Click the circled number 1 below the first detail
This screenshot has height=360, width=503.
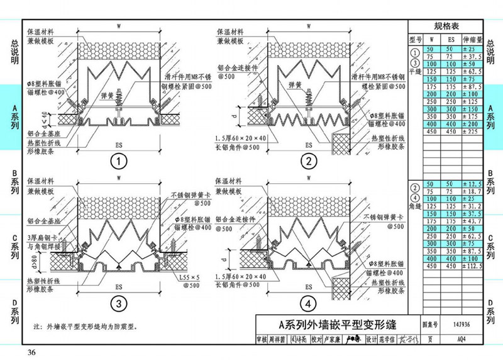[117, 161]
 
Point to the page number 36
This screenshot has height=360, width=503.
[31, 351]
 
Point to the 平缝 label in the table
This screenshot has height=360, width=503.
[414, 71]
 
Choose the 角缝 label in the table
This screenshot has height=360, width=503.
[414, 205]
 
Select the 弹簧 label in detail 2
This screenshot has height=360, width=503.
[295, 82]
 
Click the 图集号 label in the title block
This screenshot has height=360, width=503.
[429, 325]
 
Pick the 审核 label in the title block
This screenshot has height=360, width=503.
[262, 340]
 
